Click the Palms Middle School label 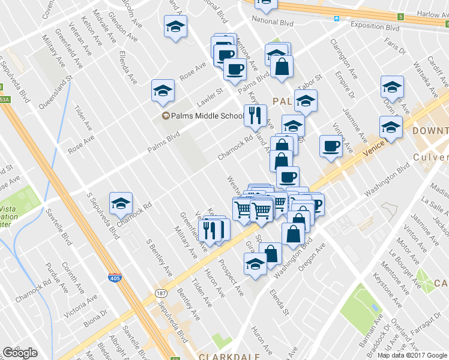pyautogui.click(x=206, y=115)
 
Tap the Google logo pyautogui.click(x=20, y=352)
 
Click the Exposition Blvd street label pyautogui.click(x=376, y=28)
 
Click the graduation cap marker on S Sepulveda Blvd pyautogui.click(x=121, y=203)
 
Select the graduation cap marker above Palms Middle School pyautogui.click(x=163, y=91)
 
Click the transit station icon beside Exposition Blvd pyautogui.click(x=337, y=19)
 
